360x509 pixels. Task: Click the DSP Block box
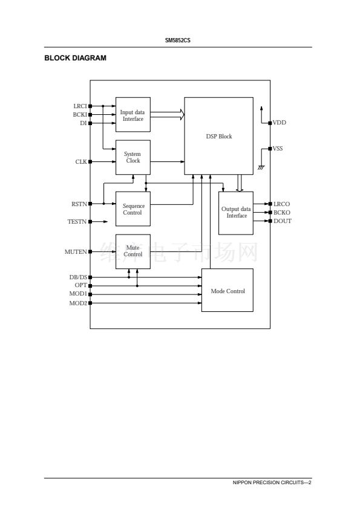(x=218, y=136)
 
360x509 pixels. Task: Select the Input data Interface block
(x=133, y=115)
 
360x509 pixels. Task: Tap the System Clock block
(x=133, y=157)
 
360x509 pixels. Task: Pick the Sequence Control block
(x=133, y=209)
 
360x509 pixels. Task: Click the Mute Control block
(x=133, y=251)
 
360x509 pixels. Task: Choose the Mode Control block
(x=227, y=290)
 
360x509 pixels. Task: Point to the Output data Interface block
(x=236, y=213)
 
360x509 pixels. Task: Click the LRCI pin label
(x=80, y=106)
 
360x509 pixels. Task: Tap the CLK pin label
(x=81, y=161)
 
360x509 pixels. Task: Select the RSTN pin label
(x=79, y=204)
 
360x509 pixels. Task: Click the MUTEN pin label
(x=76, y=252)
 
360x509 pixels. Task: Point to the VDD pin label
(x=280, y=123)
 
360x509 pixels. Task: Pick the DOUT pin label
(x=283, y=221)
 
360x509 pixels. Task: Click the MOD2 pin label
(x=78, y=303)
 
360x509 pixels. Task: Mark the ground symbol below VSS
(x=261, y=167)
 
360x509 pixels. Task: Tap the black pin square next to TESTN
(x=90, y=222)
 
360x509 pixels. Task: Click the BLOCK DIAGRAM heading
(x=76, y=58)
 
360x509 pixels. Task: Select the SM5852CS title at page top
(x=178, y=41)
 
